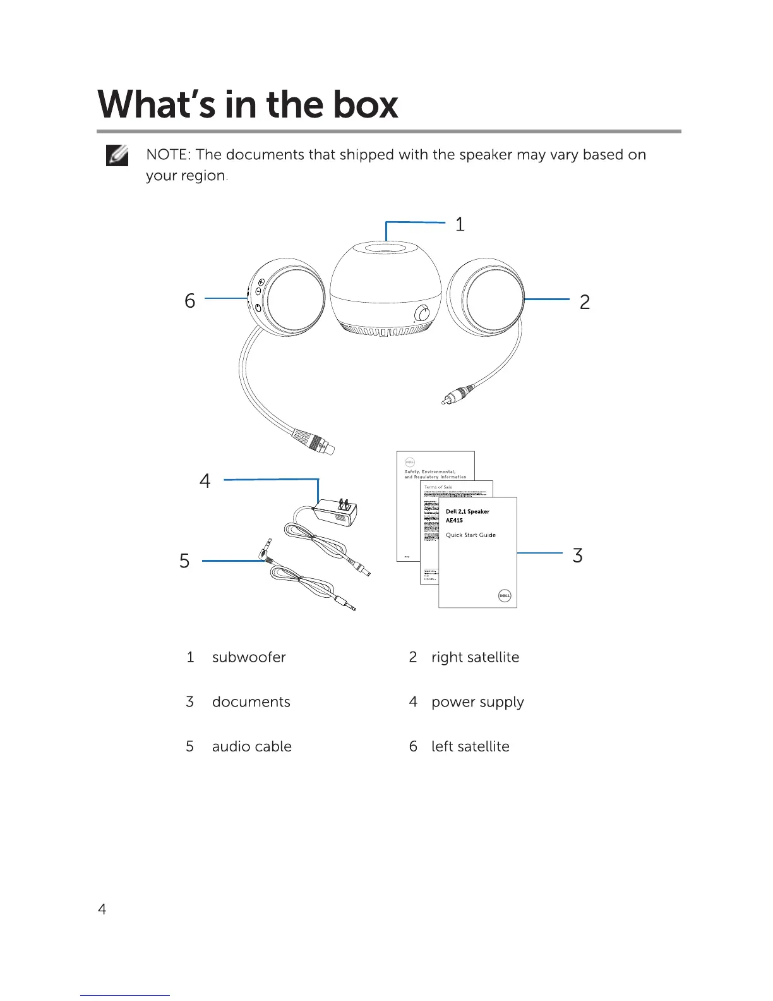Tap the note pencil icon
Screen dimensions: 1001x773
point(117,155)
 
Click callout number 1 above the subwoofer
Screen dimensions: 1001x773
point(460,224)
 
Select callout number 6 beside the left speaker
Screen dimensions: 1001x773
point(189,301)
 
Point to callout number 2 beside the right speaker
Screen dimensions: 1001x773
point(585,302)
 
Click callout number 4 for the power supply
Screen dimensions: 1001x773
point(205,482)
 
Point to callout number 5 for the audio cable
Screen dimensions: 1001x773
point(184,561)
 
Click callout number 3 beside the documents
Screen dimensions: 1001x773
point(577,555)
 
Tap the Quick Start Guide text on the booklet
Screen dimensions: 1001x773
point(470,535)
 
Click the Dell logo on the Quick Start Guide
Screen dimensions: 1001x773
point(504,595)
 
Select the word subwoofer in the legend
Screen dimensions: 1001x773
point(249,657)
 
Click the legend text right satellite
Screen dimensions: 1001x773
point(475,657)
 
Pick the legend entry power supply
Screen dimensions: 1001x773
point(477,702)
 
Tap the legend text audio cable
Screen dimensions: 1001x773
point(251,746)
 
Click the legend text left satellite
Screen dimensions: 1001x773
point(470,746)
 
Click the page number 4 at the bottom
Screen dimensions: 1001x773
point(102,909)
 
